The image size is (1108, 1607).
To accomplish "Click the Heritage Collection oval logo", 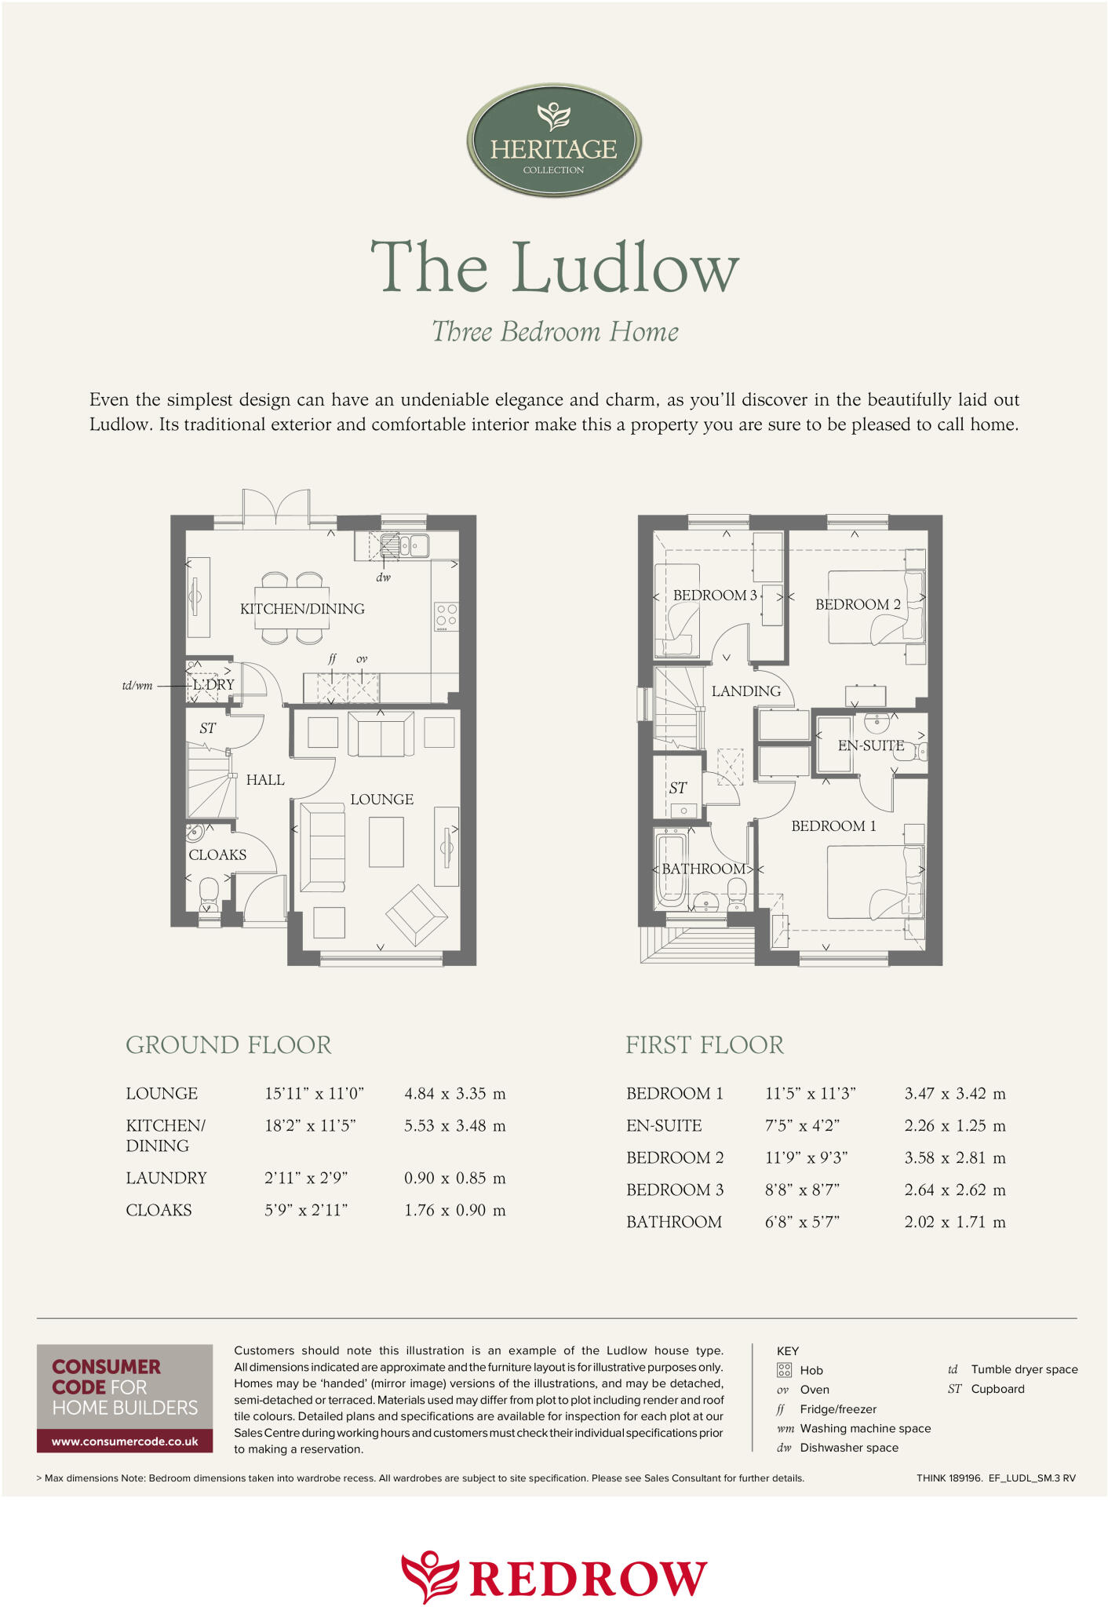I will pyautogui.click(x=554, y=140).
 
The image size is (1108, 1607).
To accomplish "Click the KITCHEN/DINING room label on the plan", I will pyautogui.click(x=302, y=609).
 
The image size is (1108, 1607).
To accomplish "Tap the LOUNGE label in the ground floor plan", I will pyautogui.click(x=381, y=800).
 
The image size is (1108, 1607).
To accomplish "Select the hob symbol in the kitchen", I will pyautogui.click(x=446, y=617).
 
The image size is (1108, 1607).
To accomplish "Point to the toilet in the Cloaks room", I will pyautogui.click(x=209, y=892).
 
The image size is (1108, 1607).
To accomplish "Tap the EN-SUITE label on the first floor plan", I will pyautogui.click(x=870, y=745).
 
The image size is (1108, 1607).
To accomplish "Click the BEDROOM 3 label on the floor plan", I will pyautogui.click(x=715, y=596).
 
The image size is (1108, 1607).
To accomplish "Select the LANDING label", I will pyautogui.click(x=745, y=691).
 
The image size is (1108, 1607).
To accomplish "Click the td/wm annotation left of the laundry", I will pyautogui.click(x=137, y=686).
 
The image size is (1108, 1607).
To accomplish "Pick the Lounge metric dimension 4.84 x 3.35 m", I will pyautogui.click(x=454, y=1094).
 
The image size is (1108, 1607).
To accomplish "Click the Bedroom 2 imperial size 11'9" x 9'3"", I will pyautogui.click(x=806, y=1158).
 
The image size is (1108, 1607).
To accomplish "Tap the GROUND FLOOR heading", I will pyautogui.click(x=228, y=1045).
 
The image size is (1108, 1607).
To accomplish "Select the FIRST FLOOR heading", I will pyautogui.click(x=704, y=1045).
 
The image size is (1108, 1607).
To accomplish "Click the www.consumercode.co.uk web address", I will pyautogui.click(x=125, y=1441).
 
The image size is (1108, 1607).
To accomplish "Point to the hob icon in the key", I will pyautogui.click(x=784, y=1370).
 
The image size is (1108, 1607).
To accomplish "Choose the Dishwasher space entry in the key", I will pyautogui.click(x=848, y=1448).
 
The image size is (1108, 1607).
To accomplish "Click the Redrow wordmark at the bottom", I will pyautogui.click(x=589, y=1578).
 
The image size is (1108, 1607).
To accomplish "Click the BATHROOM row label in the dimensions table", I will pyautogui.click(x=673, y=1223).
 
